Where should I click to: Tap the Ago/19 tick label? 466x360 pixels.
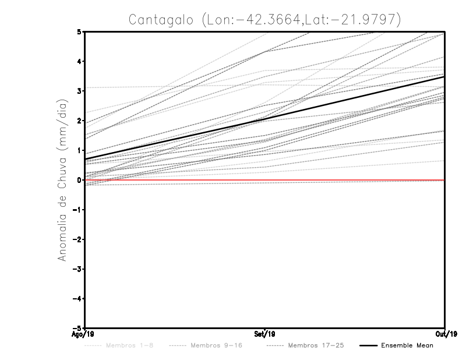pyautogui.click(x=83, y=334)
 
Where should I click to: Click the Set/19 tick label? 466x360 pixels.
pyautogui.click(x=265, y=334)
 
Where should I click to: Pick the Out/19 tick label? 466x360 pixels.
pyautogui.click(x=446, y=334)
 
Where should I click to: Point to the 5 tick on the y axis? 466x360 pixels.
pyautogui.click(x=79, y=31)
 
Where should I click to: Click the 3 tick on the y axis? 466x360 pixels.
pyautogui.click(x=79, y=91)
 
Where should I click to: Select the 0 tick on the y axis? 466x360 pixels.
pyautogui.click(x=79, y=180)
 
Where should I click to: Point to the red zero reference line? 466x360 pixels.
pyautogui.click(x=349, y=180)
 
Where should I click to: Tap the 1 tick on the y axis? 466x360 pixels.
pyautogui.click(x=79, y=150)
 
